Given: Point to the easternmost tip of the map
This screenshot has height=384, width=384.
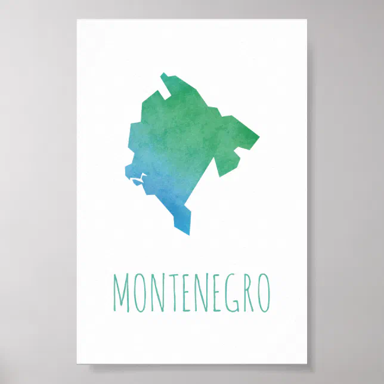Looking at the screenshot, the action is (259, 140).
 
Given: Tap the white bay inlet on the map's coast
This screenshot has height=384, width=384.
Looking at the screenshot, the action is (139, 178).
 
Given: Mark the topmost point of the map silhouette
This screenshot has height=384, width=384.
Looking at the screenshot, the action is (162, 73).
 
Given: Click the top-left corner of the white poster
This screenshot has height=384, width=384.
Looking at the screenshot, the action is (77, 20).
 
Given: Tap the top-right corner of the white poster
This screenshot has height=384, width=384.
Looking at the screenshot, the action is (307, 20).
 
